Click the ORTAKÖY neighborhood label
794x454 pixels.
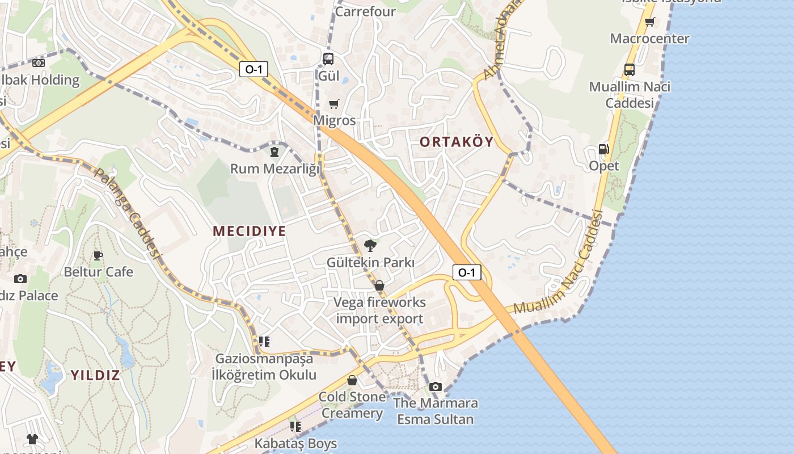click(457, 142)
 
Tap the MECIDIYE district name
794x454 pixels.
click(249, 231)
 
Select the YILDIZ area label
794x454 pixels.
click(95, 375)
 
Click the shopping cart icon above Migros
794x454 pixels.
click(333, 104)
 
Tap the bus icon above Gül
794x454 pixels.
click(328, 59)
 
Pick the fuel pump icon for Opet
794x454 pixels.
click(603, 149)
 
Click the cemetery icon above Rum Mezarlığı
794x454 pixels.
click(274, 152)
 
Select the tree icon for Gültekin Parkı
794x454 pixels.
click(370, 246)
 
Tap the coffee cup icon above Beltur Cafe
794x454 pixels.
click(98, 255)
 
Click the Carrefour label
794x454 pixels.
click(365, 11)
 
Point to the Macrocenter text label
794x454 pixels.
click(649, 39)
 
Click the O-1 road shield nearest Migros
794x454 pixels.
click(254, 69)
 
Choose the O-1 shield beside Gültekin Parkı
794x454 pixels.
click(467, 272)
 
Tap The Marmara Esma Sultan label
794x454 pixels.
click(436, 411)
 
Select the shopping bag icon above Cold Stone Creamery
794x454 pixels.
click(352, 380)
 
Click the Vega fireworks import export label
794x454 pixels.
click(379, 310)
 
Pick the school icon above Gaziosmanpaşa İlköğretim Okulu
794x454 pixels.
click(264, 342)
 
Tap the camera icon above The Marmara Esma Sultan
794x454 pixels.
click(436, 386)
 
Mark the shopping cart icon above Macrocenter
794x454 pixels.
click(649, 22)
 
